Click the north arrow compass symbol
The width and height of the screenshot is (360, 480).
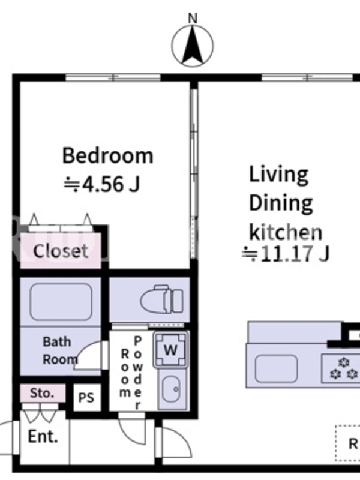pyautogui.click(x=193, y=46)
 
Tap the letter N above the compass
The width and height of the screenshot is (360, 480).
pyautogui.click(x=193, y=19)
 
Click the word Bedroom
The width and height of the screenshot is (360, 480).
pyautogui.click(x=108, y=155)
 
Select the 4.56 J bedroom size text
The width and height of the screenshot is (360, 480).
pyautogui.click(x=102, y=184)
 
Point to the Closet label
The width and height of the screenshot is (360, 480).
pyautogui.click(x=61, y=251)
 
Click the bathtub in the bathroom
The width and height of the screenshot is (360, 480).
pyautogui.click(x=61, y=302)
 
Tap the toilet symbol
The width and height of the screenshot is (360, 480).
pyautogui.click(x=162, y=299)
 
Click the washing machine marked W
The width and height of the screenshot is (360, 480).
pyautogui.click(x=170, y=350)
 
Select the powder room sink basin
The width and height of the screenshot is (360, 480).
pyautogui.click(x=170, y=389)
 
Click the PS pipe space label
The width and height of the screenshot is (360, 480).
pyautogui.click(x=86, y=398)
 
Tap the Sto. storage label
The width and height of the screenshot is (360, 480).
pyautogui.click(x=42, y=393)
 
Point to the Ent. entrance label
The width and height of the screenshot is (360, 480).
pyautogui.click(x=43, y=436)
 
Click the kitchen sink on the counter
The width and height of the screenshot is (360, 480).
pyautogui.click(x=276, y=368)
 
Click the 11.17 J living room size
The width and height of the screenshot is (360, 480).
pyautogui.click(x=286, y=254)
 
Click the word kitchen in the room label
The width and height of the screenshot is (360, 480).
pyautogui.click(x=286, y=232)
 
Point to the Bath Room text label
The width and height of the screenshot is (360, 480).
pyautogui.click(x=59, y=350)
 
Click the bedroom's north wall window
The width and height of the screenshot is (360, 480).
pyautogui.click(x=113, y=77)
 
